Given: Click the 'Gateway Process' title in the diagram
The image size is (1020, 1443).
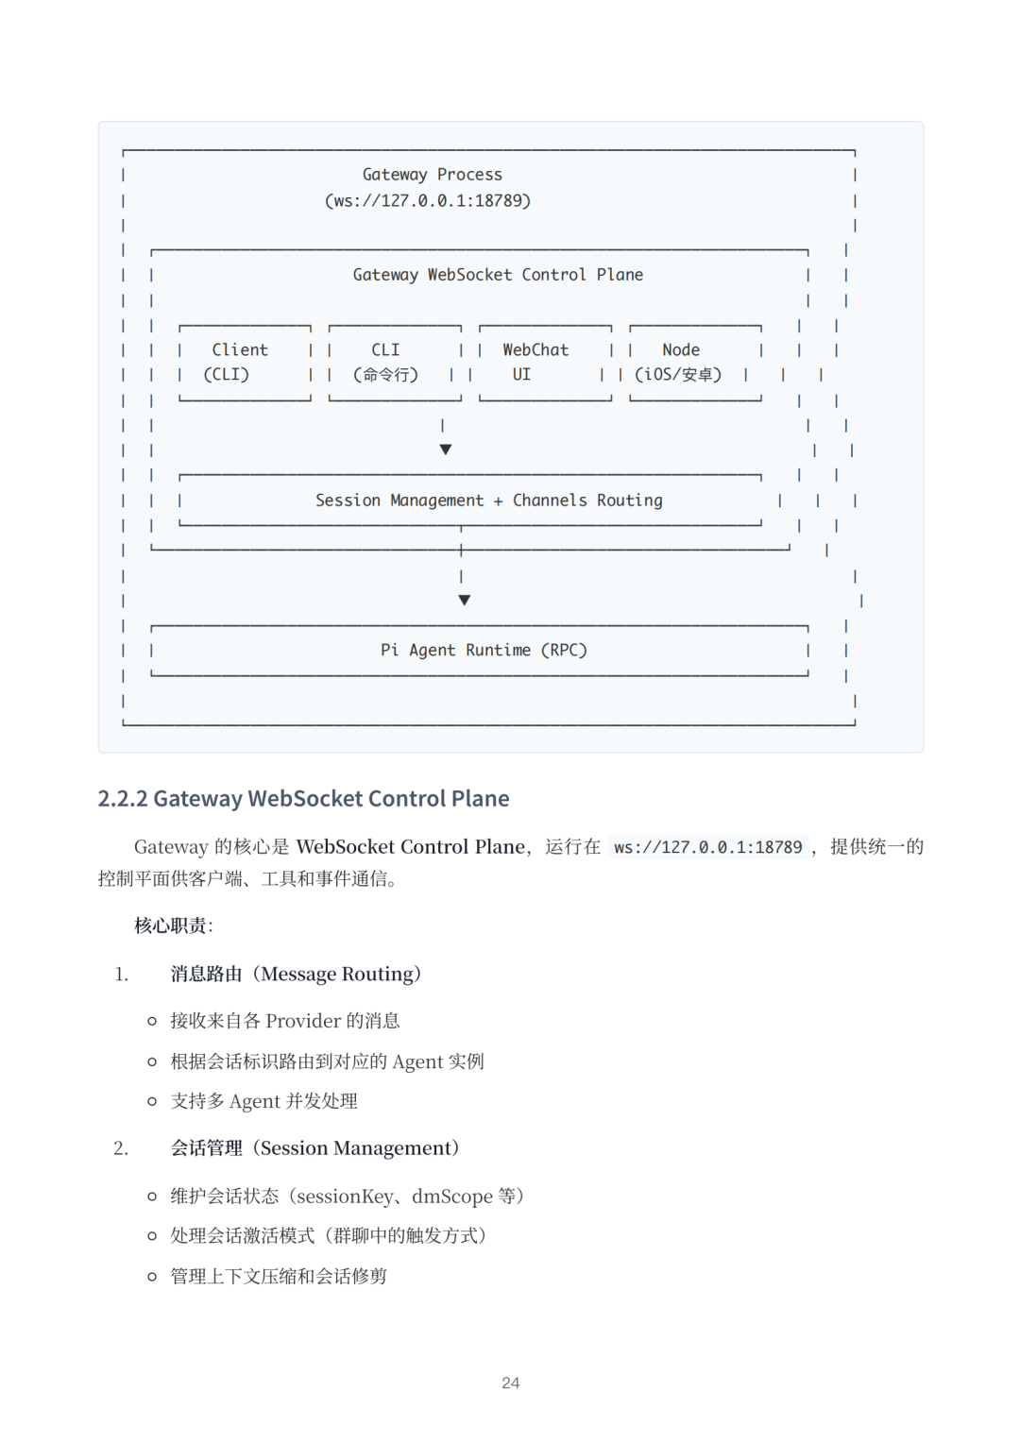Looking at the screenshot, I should (433, 175).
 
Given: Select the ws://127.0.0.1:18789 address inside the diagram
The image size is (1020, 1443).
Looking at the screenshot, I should (428, 200).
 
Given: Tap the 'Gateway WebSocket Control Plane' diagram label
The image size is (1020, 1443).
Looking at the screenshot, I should (498, 275).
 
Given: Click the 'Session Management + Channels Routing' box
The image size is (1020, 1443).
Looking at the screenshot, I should (488, 501).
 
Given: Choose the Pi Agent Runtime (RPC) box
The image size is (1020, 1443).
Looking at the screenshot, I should (483, 650).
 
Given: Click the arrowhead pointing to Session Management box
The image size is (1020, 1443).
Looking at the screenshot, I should (446, 450).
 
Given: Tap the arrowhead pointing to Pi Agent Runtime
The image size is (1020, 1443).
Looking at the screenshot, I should (464, 600).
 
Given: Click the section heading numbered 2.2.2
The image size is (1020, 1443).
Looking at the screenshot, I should (303, 799).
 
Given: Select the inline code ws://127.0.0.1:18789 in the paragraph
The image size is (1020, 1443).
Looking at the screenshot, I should (707, 847).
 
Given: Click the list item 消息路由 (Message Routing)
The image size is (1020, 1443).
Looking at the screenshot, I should (296, 974).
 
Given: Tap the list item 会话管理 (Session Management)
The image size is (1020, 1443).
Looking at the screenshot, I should (314, 1148).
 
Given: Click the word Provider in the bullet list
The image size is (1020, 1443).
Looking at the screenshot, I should (303, 1021).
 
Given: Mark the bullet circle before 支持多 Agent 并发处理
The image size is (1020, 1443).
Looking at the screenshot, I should (152, 1101).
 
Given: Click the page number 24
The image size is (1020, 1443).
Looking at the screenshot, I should (510, 1383).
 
